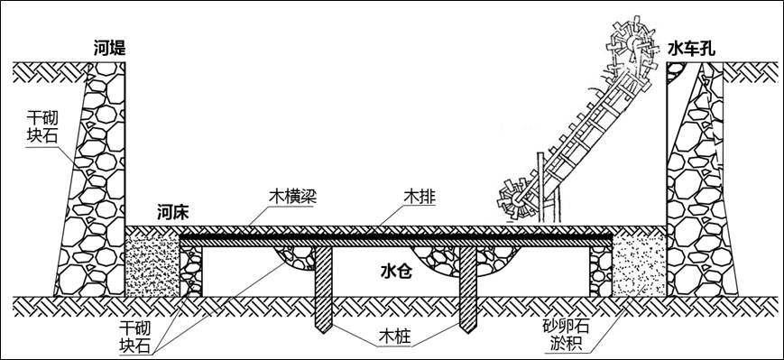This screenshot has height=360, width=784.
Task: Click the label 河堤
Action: pos(109,49)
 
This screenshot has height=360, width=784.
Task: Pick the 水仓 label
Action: pos(396,271)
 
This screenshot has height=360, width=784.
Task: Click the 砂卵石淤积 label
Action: pos(566,334)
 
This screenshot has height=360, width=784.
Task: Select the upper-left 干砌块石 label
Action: pos(39,129)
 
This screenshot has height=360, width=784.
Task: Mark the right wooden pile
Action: pos(469,289)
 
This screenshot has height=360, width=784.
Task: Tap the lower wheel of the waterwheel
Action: pos(517,198)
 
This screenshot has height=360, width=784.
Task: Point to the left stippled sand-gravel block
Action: pos(152,262)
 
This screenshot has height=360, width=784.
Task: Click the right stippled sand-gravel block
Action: pos(639,262)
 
